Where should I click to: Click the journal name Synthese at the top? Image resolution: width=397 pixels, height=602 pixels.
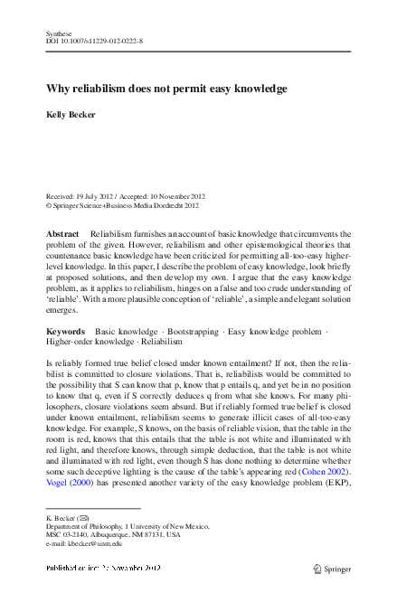pos(59,33)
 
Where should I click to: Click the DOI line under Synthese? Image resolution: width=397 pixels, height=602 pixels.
pos(94,42)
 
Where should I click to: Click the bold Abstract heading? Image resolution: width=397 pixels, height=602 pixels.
pos(63,233)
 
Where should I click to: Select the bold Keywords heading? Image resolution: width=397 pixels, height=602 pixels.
pos(65,332)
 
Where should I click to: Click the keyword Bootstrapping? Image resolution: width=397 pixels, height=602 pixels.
pos(192,332)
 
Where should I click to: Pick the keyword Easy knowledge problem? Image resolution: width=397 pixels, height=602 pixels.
pos(274,332)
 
